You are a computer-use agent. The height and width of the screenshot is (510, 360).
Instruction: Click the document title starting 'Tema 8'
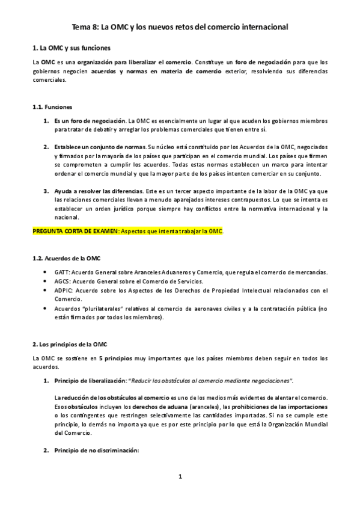pos(180,26)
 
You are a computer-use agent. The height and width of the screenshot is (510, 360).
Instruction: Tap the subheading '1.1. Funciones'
pos(52,106)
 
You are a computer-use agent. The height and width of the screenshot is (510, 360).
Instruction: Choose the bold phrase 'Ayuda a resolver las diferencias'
pos(99,191)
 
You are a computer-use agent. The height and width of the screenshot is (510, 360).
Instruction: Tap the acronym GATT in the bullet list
pos(62,272)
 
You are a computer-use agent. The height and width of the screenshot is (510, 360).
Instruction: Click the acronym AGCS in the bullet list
pos(63,281)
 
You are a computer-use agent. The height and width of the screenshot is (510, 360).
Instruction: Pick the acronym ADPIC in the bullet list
pos(64,290)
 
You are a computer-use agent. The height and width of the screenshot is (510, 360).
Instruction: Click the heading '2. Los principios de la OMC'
pos(70,344)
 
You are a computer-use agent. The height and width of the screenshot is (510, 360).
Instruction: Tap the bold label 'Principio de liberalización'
pos(90,381)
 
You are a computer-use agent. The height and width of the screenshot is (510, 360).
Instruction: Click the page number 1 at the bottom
pos(180,477)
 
